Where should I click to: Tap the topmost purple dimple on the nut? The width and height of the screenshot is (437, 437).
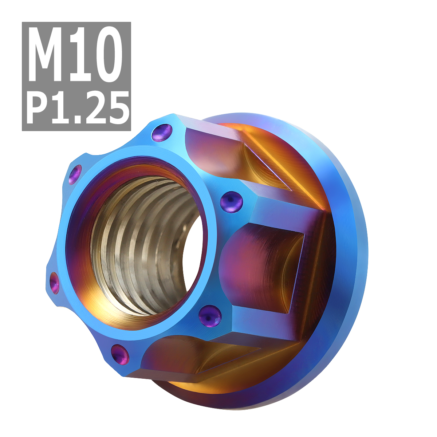161,133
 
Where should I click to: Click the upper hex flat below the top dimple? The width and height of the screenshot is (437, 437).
215,153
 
